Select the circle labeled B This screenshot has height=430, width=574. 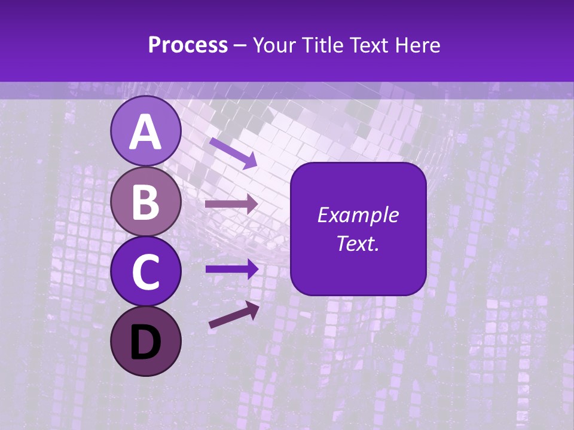coord(145,201)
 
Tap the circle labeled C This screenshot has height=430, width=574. coord(145,271)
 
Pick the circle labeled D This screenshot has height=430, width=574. coord(145,341)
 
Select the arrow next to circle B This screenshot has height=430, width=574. coord(231,204)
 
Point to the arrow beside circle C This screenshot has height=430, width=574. coord(231,269)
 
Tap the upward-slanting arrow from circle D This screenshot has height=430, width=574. coord(234,315)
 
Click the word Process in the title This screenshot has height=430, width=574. coord(188,45)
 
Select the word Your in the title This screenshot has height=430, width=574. coord(273,45)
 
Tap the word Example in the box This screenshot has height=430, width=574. coord(358,215)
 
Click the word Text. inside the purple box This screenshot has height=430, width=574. coord(358,243)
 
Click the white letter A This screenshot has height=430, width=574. coord(145,132)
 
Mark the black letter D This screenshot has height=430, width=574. coord(145,342)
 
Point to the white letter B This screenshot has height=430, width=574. coord(145,202)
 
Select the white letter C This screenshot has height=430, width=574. coord(145,272)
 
